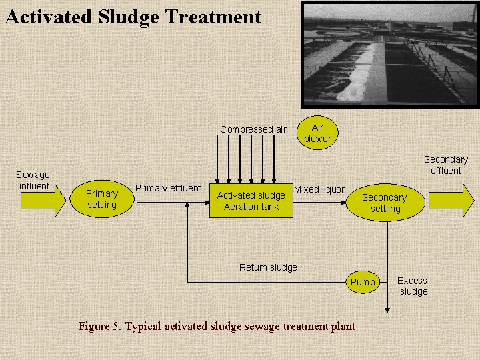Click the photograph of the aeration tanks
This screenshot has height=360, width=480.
pos(389,54)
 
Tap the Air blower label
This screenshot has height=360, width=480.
pos(317,133)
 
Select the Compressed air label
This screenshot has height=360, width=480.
pos(253,129)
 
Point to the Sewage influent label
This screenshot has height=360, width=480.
pos(33,180)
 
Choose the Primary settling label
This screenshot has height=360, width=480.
pos(102,199)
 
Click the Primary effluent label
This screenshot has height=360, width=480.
pos(168,188)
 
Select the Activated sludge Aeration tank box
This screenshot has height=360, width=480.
pos(251,201)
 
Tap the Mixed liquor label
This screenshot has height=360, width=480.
pos(319,189)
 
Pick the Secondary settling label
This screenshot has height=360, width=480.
pos(384,203)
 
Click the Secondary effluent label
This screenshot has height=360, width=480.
pos(445,165)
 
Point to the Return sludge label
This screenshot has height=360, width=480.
pos(268,267)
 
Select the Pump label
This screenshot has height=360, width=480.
pos(363,282)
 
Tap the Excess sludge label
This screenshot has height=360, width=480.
pos(413,286)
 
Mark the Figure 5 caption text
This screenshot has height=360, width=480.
pos(217,327)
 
